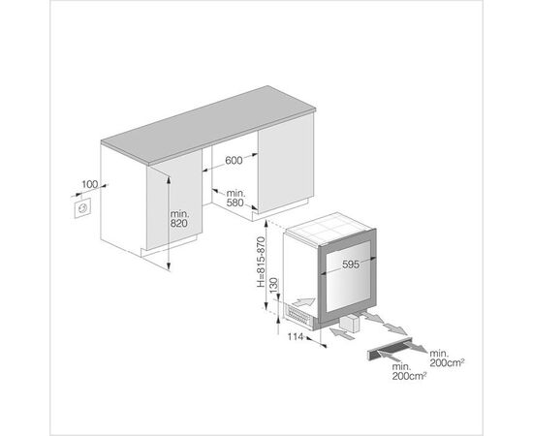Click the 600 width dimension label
(234, 160)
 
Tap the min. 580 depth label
(235, 198)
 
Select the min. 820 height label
(179, 219)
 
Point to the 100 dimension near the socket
(90, 184)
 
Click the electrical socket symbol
(82, 208)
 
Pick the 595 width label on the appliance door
(351, 265)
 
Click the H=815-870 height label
(261, 262)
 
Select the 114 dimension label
(295, 337)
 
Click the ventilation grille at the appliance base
(298, 315)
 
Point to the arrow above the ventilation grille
(303, 300)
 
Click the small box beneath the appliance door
(350, 324)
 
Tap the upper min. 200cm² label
(447, 358)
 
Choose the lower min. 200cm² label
(409, 371)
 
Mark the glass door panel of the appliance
(347, 276)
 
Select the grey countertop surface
(208, 124)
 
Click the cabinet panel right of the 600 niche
(286, 163)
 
